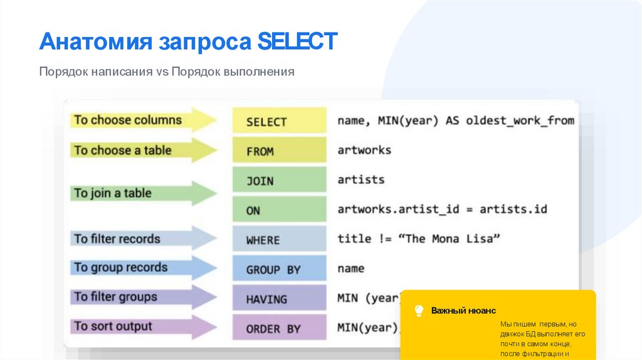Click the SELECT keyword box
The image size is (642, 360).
click(x=279, y=121)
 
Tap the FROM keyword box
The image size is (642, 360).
click(x=279, y=151)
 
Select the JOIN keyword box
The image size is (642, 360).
click(x=279, y=181)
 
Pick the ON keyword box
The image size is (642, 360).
click(x=279, y=210)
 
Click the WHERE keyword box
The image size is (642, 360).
click(x=279, y=240)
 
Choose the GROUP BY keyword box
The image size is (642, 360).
click(x=279, y=269)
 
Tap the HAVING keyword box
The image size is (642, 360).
click(x=279, y=299)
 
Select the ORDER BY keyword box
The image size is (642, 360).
click(x=279, y=328)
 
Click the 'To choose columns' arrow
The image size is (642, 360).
click(x=144, y=120)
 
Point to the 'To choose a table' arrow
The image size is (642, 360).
click(x=144, y=150)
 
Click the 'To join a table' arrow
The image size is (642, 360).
click(x=144, y=193)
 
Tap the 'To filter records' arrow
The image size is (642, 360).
click(x=144, y=239)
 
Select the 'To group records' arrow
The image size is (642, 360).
click(x=144, y=268)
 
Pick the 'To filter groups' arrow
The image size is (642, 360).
click(x=144, y=297)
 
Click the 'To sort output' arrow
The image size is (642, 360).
click(x=144, y=326)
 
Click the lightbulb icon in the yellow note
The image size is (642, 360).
click(x=419, y=310)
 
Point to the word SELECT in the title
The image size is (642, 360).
click(x=297, y=42)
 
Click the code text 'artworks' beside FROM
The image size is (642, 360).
click(x=364, y=151)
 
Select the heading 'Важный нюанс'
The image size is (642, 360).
click(x=463, y=311)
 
